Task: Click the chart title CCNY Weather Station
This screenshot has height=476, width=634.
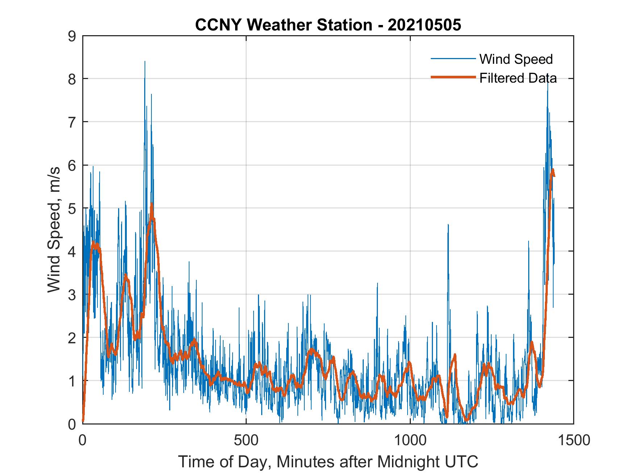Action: [283, 25]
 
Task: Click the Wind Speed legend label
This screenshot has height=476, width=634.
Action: [516, 59]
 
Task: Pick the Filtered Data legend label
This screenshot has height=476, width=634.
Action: [518, 78]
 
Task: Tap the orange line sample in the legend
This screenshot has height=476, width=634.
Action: [453, 77]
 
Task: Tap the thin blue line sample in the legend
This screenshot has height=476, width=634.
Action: [453, 58]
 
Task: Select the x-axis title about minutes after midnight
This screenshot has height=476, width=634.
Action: [328, 461]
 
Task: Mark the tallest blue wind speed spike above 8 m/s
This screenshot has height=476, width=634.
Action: [145, 62]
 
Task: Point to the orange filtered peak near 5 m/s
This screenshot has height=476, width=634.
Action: [152, 205]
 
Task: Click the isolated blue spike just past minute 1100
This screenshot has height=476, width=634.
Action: [448, 225]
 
